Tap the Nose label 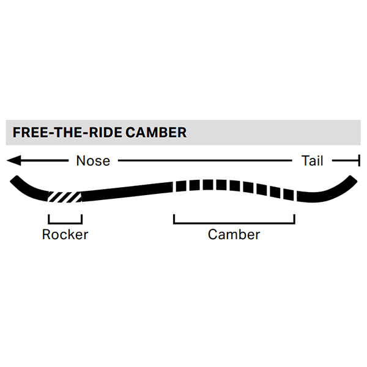coord(93,161)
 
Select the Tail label coord(312,161)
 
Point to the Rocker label coord(65,234)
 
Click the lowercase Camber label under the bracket coord(234,234)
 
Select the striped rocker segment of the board coord(65,197)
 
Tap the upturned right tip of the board coord(350,180)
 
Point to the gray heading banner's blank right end coord(306,132)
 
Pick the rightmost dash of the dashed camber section coord(291,195)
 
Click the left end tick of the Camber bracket coord(174,219)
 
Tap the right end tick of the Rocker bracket coord(81,219)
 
